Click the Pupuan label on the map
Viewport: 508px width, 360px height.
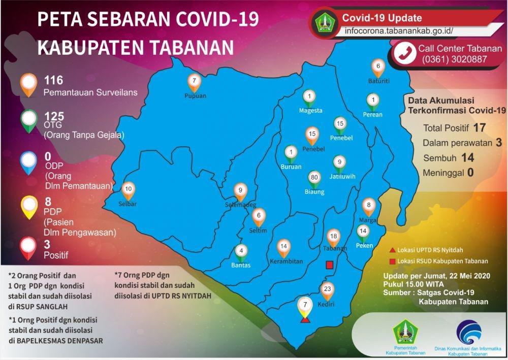pyautogui.click(x=195, y=96)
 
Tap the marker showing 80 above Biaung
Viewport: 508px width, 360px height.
pyautogui.click(x=314, y=179)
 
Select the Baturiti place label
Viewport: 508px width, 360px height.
pyautogui.click(x=379, y=81)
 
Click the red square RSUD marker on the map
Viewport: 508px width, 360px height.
pyautogui.click(x=330, y=265)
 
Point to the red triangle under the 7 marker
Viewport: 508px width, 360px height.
pyautogui.click(x=305, y=320)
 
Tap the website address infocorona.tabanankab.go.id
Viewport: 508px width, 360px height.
pyautogui.click(x=399, y=31)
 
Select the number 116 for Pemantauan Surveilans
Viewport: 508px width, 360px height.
pyautogui.click(x=53, y=80)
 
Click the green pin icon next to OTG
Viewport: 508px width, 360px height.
pyautogui.click(x=29, y=121)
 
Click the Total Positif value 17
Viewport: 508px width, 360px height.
pyautogui.click(x=479, y=128)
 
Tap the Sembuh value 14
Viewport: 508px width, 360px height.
pyautogui.click(x=467, y=158)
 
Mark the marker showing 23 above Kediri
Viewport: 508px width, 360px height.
pyautogui.click(x=327, y=291)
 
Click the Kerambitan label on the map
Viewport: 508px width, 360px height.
pyautogui.click(x=287, y=261)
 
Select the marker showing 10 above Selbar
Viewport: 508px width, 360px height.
pyautogui.click(x=129, y=191)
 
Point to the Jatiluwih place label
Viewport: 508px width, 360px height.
pyautogui.click(x=342, y=176)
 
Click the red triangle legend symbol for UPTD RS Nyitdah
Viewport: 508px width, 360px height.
pyautogui.click(x=392, y=250)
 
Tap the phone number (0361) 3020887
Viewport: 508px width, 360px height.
pyautogui.click(x=454, y=59)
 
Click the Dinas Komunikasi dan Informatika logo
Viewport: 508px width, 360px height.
pyautogui.click(x=468, y=332)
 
